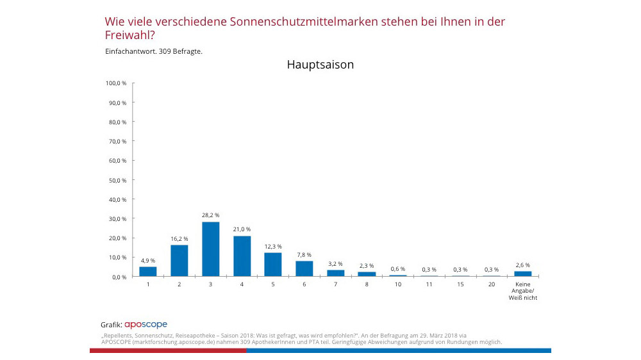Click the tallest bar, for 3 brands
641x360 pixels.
(210, 249)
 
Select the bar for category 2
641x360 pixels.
(179, 261)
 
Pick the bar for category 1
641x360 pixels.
(148, 272)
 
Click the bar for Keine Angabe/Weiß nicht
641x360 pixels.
(522, 274)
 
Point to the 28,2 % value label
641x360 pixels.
(210, 215)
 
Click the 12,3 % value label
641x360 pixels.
(273, 246)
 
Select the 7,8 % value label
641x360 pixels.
(304, 254)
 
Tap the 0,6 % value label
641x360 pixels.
(398, 268)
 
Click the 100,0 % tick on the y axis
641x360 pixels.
(117, 83)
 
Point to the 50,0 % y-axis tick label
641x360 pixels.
(118, 180)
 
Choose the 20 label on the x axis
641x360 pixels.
(492, 284)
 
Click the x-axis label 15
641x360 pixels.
(460, 284)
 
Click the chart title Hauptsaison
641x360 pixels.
(320, 65)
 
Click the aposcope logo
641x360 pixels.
(146, 325)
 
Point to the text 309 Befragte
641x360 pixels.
(180, 51)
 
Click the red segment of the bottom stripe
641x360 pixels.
(168, 350)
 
